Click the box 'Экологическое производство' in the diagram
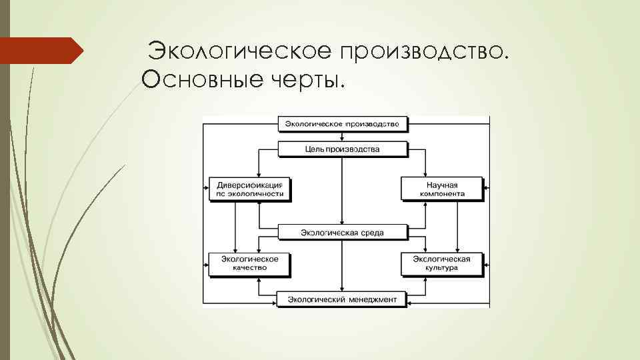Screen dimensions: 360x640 342,124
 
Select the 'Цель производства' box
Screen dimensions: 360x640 342,149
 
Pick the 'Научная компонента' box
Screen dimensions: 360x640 442,189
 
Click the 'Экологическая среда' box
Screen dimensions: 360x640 342,232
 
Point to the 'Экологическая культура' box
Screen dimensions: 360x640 442,263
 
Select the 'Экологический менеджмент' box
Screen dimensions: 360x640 342,299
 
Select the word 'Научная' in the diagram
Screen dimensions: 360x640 442,183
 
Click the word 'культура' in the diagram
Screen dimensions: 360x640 441,268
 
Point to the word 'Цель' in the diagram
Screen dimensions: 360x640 314,149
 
